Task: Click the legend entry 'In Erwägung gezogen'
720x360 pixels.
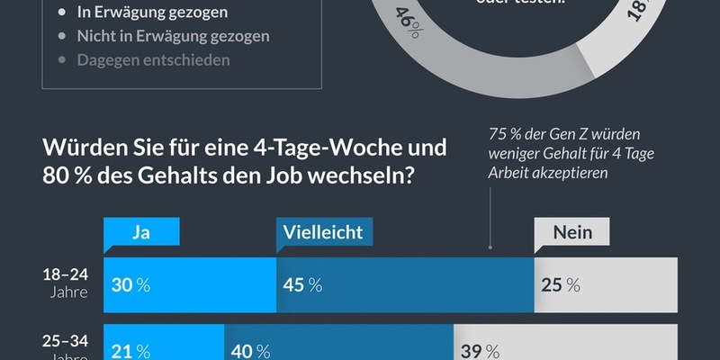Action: (x=152, y=13)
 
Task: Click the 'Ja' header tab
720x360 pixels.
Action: (x=141, y=232)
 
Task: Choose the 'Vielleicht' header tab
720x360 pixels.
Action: (x=323, y=232)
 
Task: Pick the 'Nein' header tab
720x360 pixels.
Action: (x=572, y=232)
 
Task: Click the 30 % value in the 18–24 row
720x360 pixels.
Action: (x=130, y=284)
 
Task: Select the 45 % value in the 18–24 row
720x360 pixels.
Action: (x=302, y=284)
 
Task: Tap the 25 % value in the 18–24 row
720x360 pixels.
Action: (x=561, y=284)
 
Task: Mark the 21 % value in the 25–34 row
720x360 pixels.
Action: (x=130, y=350)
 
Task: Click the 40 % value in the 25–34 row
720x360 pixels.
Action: (x=251, y=350)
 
